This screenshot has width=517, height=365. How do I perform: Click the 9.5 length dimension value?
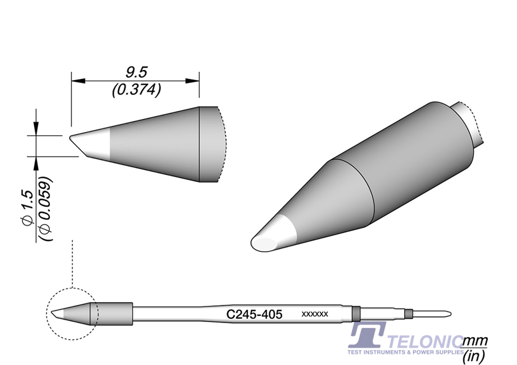point(136,73)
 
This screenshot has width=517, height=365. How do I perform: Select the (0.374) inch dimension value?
point(136,90)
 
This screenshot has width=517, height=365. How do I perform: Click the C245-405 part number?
point(254,314)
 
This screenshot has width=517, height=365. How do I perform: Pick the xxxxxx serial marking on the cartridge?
point(314,314)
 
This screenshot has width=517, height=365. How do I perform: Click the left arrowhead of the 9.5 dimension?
point(78,81)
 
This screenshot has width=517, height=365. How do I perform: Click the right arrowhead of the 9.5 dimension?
point(192,81)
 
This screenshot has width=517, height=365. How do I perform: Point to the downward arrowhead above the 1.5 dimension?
point(36,129)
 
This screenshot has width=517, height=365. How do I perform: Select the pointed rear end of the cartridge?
point(449,314)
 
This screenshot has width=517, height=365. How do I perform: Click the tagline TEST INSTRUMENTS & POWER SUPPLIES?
point(405,352)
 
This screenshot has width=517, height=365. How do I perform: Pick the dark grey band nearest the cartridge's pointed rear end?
point(409,314)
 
